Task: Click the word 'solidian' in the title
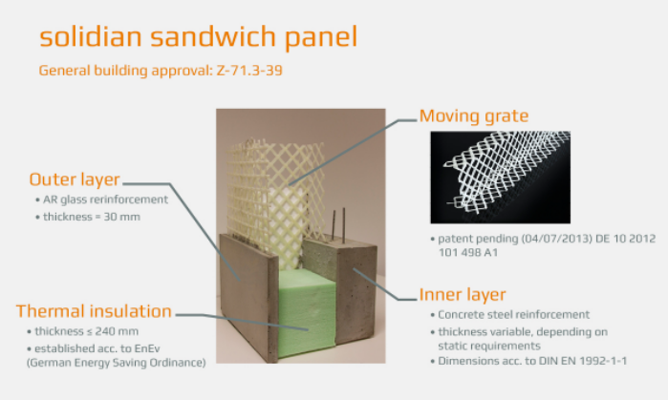(91, 36)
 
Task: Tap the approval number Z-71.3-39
(249, 71)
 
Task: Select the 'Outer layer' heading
(75, 179)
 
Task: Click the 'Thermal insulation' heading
(94, 311)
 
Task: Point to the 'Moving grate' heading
(474, 116)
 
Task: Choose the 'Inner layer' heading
(463, 294)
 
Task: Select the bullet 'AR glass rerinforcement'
(105, 200)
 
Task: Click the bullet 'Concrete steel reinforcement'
(513, 315)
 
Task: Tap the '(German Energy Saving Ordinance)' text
(116, 363)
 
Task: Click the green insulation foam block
(307, 314)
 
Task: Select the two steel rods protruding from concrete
(338, 224)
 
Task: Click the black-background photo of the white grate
(500, 177)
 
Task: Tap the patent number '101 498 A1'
(468, 253)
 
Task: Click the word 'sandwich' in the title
(213, 36)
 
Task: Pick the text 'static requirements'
(489, 346)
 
